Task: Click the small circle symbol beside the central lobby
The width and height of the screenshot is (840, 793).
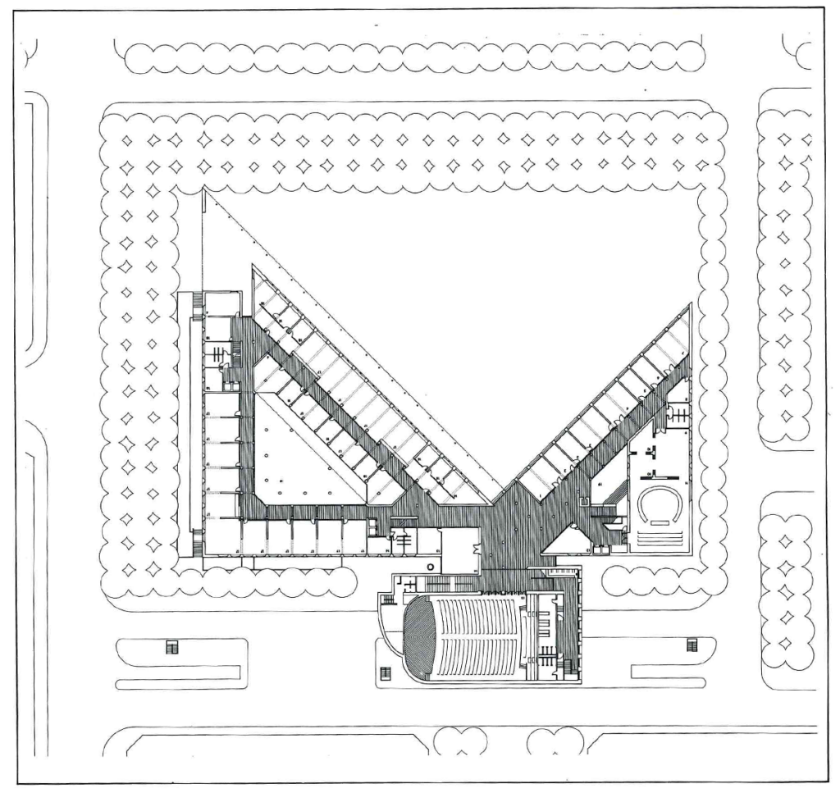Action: click(431, 567)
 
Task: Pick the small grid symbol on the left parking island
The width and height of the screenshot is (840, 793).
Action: click(171, 647)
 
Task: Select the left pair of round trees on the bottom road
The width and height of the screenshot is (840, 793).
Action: click(459, 742)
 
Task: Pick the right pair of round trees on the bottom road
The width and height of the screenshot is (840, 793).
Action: click(555, 742)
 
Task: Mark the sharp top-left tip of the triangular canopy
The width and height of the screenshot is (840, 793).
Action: click(203, 190)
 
